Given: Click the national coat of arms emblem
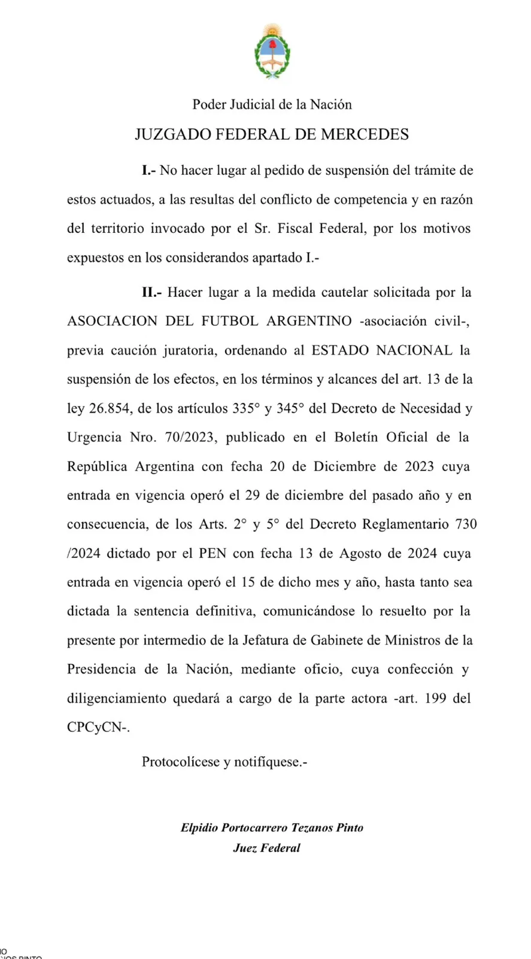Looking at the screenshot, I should point(272,51).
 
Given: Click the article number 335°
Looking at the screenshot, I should point(246,409).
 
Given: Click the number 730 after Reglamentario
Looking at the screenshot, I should point(466,524).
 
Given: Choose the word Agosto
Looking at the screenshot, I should point(362,554).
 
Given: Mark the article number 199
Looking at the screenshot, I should point(435,699).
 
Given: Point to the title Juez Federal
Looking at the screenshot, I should point(266,848).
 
